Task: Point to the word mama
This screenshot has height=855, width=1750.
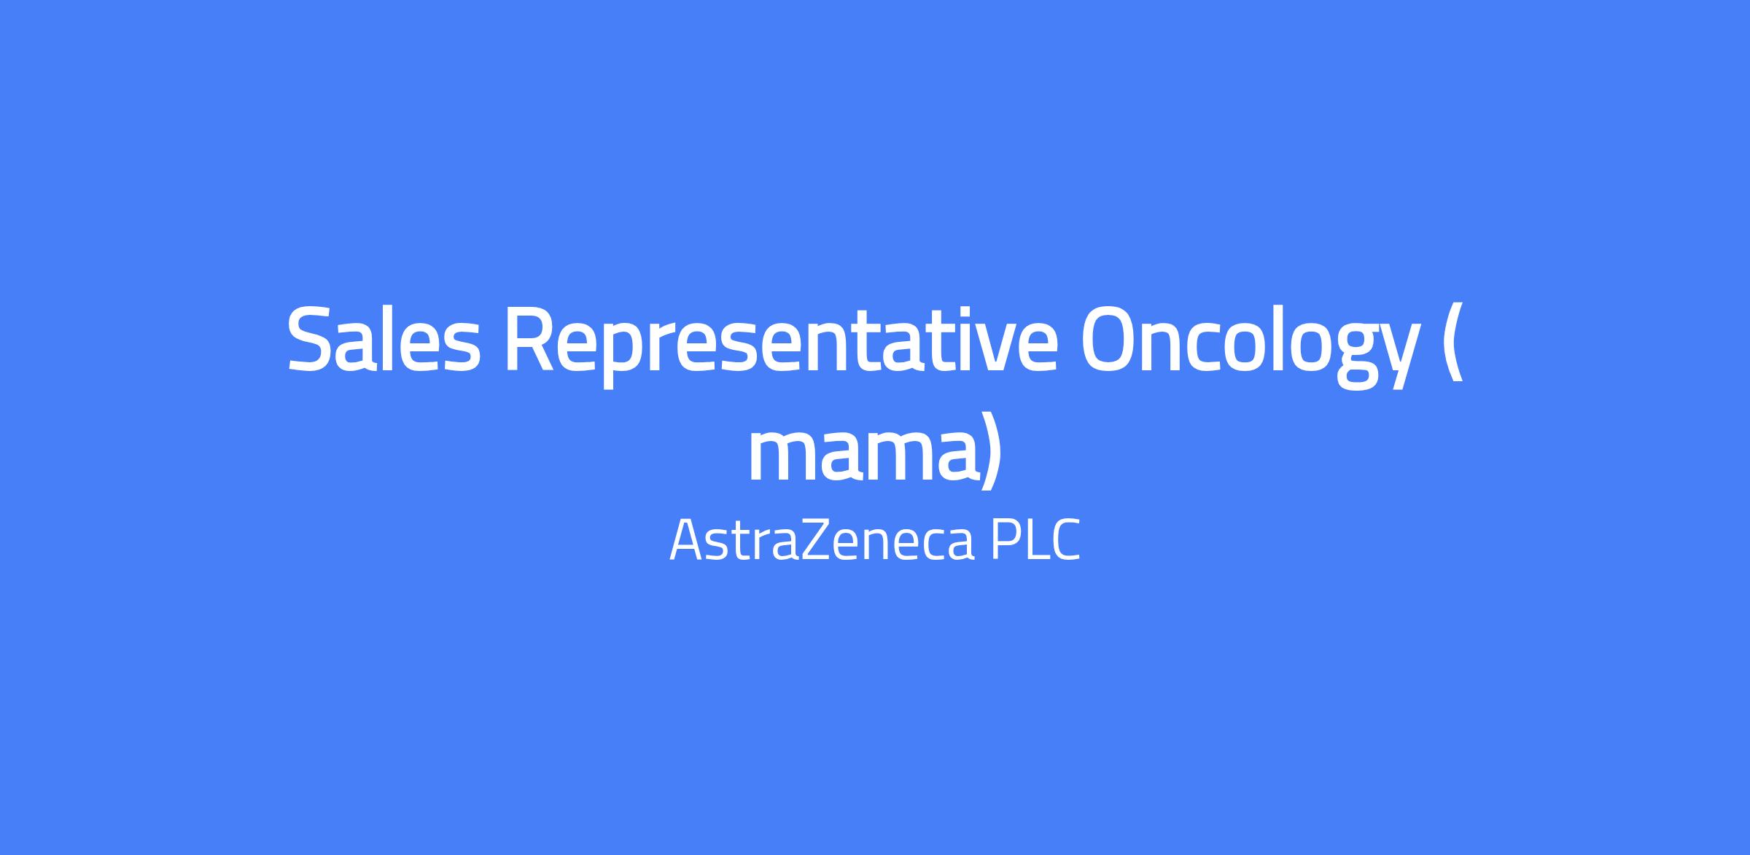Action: coord(863,456)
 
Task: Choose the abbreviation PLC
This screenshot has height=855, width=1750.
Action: coord(1035,540)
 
